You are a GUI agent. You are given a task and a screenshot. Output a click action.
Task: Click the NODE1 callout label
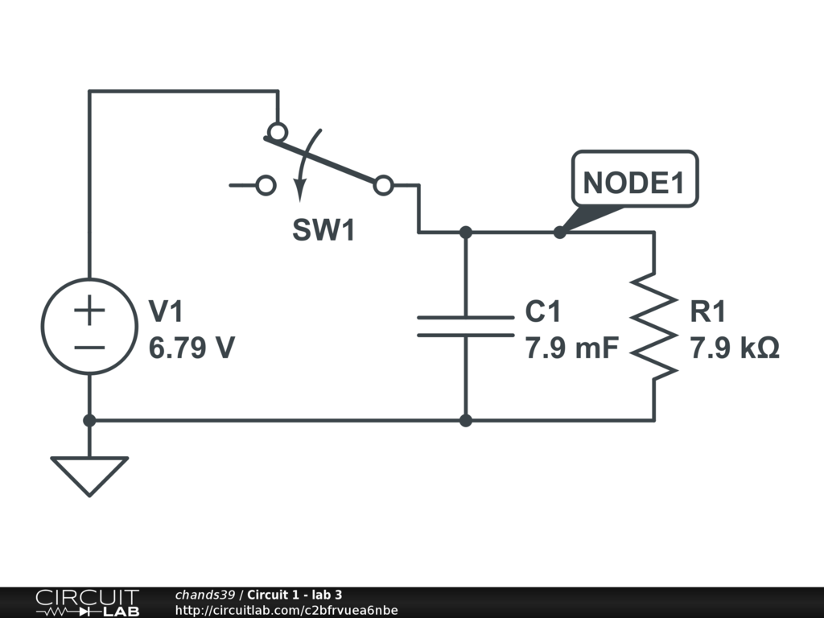(633, 183)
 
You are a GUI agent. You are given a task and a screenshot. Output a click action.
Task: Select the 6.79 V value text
(192, 348)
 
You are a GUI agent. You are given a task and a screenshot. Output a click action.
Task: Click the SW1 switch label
(323, 231)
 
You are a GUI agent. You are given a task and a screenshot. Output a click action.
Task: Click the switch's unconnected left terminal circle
(266, 186)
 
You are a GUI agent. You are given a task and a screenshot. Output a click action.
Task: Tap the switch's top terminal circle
(278, 131)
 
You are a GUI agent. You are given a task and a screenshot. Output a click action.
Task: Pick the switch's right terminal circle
(384, 186)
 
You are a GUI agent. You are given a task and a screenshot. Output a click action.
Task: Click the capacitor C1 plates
(465, 326)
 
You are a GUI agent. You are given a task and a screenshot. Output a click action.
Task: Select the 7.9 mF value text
(571, 348)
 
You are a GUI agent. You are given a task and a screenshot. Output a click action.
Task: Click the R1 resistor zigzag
(653, 326)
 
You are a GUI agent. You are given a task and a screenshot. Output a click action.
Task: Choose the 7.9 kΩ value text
(734, 348)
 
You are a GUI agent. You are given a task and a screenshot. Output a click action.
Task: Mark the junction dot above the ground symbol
(89, 420)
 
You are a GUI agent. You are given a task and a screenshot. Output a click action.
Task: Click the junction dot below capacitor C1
(465, 420)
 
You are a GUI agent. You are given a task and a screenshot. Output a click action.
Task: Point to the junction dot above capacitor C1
(465, 233)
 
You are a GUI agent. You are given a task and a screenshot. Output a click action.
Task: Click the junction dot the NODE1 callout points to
(559, 233)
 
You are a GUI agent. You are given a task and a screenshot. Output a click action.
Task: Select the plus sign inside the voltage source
(89, 311)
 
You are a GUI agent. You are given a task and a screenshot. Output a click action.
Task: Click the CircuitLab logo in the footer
(86, 603)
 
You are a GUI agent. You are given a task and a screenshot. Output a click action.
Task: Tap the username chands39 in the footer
(204, 595)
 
